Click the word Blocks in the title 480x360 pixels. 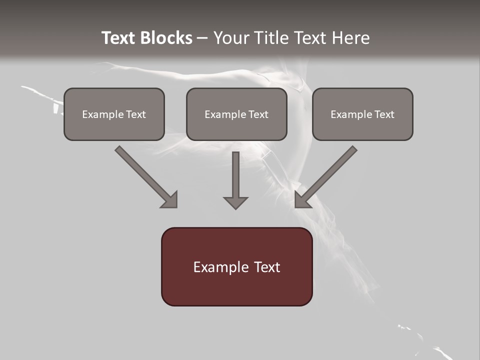(166, 38)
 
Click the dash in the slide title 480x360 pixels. (202, 38)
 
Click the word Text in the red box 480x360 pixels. (266, 267)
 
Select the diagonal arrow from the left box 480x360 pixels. (145, 175)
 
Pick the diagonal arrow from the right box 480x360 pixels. (327, 175)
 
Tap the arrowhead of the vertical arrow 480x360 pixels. (235, 202)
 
